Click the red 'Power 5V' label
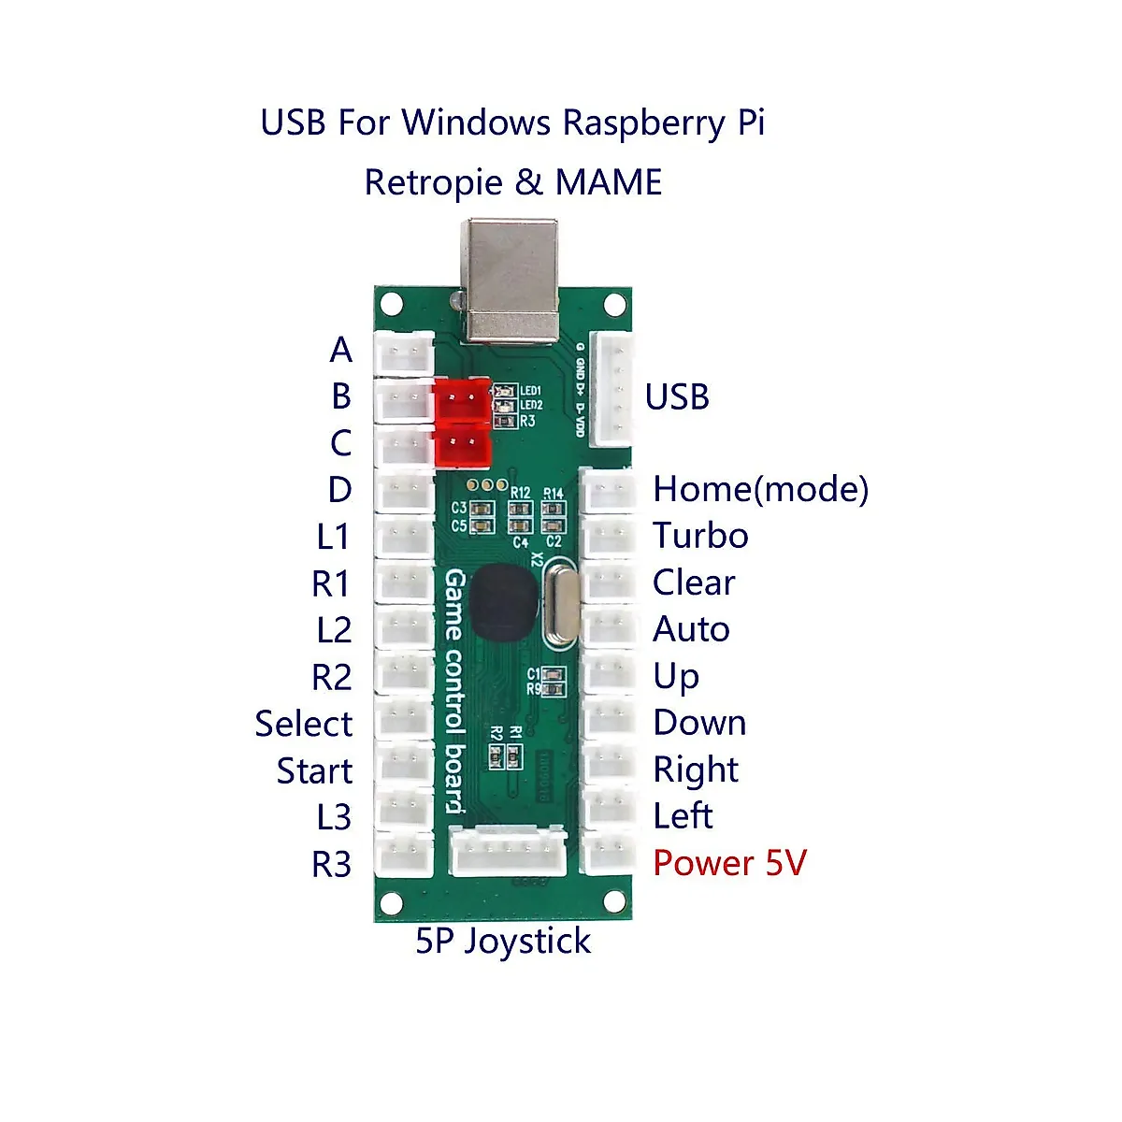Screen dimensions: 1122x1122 (729, 863)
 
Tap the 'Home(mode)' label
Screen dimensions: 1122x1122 (760, 489)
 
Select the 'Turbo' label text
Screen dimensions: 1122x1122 (700, 536)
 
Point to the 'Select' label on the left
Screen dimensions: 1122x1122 (303, 724)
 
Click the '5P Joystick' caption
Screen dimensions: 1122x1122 (503, 941)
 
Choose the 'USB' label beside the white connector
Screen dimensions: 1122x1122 (677, 396)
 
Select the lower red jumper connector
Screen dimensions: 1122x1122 (462, 447)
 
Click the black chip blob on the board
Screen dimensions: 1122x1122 (503, 602)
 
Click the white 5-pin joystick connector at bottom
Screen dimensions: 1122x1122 (509, 853)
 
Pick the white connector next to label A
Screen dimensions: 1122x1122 (404, 353)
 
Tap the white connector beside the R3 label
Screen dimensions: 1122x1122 (404, 855)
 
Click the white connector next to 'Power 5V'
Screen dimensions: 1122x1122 (609, 853)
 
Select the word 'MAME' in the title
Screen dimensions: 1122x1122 (609, 182)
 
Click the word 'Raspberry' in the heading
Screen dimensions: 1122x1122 (643, 123)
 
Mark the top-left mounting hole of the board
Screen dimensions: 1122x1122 (392, 304)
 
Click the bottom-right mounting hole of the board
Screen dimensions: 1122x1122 (613, 900)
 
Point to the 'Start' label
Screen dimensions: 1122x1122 (314, 771)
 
